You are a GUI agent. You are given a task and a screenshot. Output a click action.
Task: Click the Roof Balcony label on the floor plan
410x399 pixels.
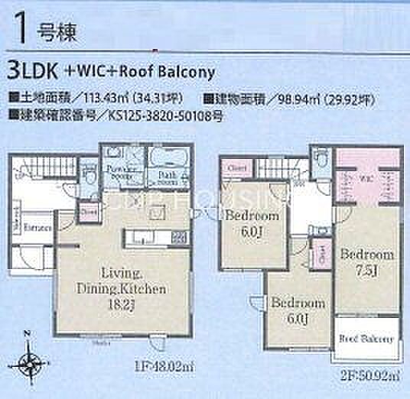(366, 339)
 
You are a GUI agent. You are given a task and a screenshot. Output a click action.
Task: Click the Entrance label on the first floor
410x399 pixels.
(36, 228)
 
